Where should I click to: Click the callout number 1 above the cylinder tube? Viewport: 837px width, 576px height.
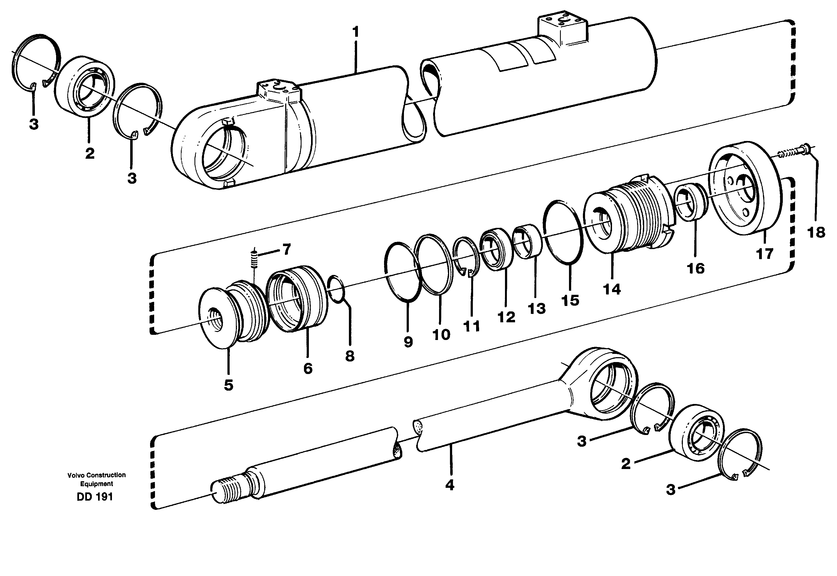pos(355,32)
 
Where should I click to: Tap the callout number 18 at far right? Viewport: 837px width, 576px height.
pos(816,232)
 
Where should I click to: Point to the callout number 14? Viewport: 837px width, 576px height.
pos(612,289)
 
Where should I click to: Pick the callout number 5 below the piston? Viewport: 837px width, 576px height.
pos(228,385)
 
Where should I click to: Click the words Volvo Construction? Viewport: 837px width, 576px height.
pos(96,475)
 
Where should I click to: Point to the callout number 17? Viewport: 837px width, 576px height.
pos(765,254)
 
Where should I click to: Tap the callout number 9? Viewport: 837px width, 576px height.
pos(408,341)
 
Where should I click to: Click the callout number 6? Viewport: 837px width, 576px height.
pos(308,369)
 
